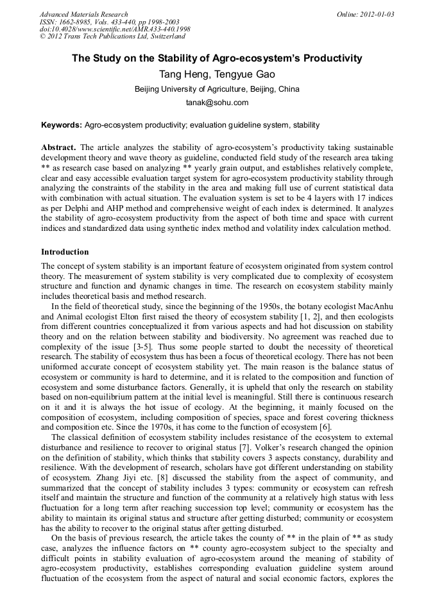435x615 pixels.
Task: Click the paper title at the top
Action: [x=217, y=58]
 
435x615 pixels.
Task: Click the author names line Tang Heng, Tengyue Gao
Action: [x=217, y=74]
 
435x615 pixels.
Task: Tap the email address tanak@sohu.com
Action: [x=217, y=103]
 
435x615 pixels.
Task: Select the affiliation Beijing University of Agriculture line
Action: [x=217, y=89]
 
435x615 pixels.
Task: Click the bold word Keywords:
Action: [x=62, y=124]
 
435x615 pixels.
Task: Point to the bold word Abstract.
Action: [x=59, y=147]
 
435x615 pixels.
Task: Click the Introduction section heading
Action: [x=65, y=252]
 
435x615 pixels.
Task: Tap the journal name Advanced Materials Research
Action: [x=83, y=14]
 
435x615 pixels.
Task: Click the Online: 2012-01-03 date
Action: [x=365, y=14]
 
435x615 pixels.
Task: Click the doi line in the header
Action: [x=115, y=29]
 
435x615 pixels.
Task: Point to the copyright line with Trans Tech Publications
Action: [x=112, y=37]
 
